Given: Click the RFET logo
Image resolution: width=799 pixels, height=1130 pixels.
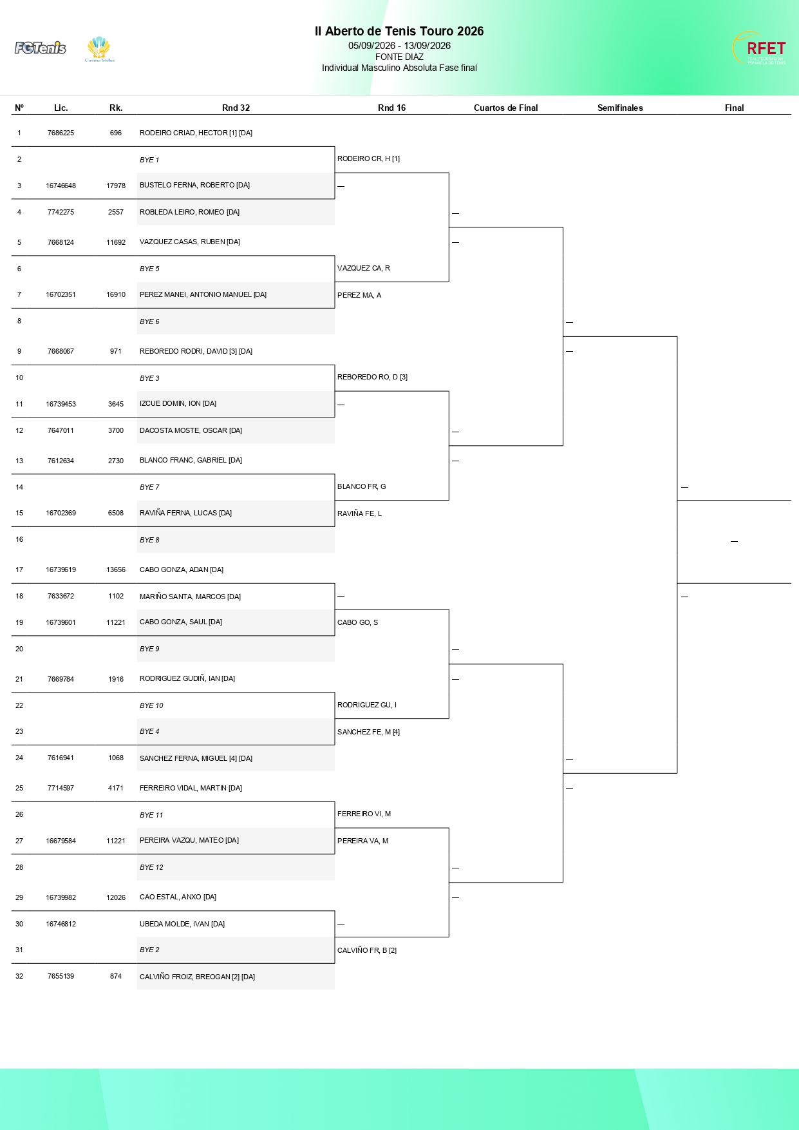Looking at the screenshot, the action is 759,48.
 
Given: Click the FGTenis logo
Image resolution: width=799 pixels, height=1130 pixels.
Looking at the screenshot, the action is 40,48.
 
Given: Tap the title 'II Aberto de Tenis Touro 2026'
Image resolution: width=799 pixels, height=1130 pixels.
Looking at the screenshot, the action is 399,31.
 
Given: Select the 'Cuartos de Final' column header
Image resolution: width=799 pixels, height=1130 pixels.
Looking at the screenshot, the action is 505,108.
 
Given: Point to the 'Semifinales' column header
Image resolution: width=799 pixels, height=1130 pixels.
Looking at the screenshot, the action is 620,108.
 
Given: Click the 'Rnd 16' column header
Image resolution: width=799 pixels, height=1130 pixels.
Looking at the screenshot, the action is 391,108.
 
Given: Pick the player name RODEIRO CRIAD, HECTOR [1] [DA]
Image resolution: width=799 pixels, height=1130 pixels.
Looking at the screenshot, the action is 196,133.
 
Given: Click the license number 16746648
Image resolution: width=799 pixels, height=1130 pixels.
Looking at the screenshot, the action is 61,186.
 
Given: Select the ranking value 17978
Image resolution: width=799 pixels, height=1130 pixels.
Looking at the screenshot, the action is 116,186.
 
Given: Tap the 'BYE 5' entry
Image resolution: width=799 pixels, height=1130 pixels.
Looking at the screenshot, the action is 149,269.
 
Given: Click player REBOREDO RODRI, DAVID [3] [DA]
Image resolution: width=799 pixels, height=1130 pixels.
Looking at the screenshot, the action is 196,351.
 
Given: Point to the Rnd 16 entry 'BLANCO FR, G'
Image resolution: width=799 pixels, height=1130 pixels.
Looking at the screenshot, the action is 361,486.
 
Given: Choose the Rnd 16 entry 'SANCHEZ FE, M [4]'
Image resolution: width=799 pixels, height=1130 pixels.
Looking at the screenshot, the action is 368,732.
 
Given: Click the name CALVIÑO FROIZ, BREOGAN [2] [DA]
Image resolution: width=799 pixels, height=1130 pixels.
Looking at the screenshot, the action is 197,977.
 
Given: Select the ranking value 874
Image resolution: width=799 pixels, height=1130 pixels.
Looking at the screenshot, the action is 116,976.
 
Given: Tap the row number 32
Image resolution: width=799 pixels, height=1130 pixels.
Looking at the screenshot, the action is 19,976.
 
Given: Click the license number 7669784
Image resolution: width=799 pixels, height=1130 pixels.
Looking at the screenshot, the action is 61,679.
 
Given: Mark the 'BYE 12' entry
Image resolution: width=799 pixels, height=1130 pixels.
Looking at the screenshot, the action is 151,867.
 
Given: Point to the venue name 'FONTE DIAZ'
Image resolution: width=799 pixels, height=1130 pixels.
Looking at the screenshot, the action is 399,57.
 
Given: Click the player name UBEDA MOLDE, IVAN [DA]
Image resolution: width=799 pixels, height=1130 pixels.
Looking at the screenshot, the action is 182,924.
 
